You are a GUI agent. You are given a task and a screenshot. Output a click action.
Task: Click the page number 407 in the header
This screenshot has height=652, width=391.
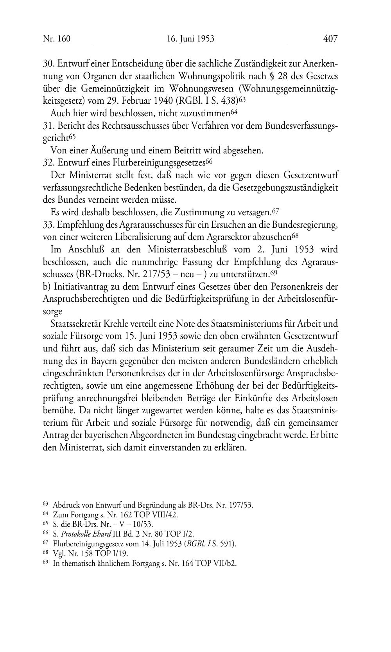coord(330,39)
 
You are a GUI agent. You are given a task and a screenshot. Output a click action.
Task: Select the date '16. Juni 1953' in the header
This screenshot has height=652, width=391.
coord(190,39)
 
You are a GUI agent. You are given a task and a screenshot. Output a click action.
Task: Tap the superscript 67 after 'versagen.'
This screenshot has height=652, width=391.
coord(275,211)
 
